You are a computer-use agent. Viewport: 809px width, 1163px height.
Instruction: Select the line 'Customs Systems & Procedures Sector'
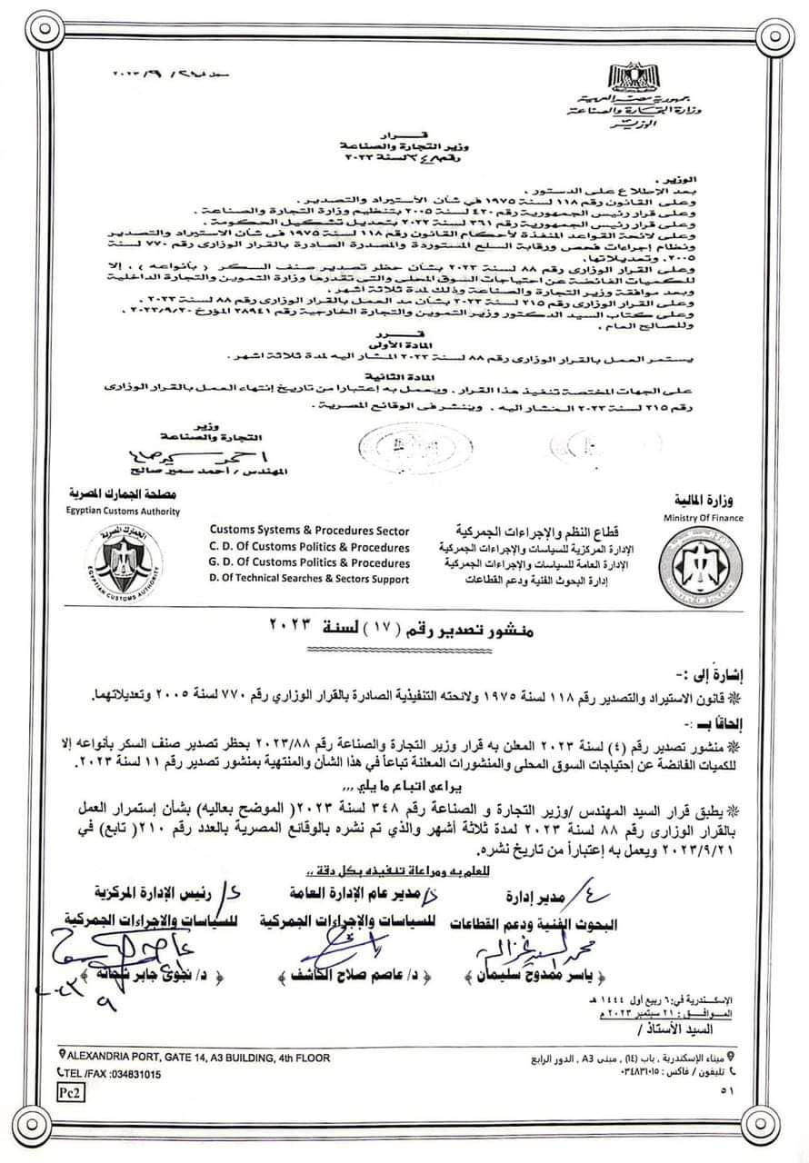click(309, 532)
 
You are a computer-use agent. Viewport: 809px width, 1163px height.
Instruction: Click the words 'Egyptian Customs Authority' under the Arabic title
click(123, 512)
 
